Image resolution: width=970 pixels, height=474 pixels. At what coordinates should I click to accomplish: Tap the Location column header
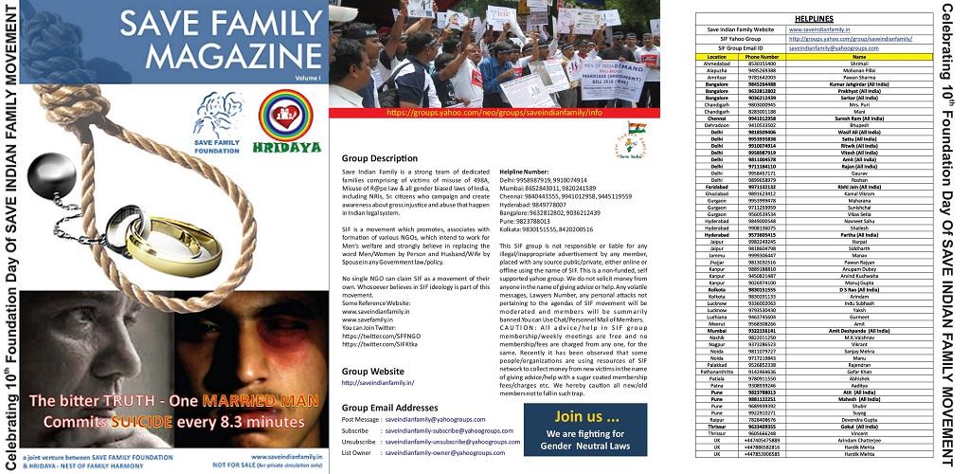click(x=716, y=57)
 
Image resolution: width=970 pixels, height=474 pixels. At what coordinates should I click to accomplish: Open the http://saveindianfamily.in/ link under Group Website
click(x=377, y=382)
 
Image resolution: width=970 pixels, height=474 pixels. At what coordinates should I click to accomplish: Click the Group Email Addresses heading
click(x=392, y=406)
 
